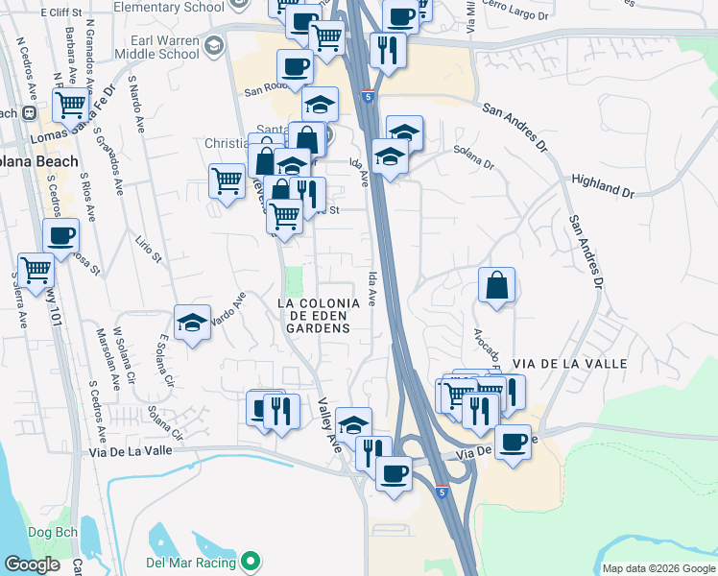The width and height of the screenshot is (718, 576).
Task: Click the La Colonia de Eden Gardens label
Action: [x=319, y=315]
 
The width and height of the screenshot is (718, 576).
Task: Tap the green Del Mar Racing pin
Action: [x=251, y=560]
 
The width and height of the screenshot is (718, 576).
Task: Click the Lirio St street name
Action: [x=145, y=250]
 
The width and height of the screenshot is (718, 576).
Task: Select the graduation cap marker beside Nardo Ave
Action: [x=192, y=323]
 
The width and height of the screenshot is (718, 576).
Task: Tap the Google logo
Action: [x=32, y=564]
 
